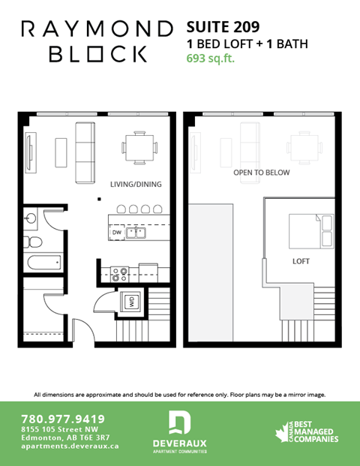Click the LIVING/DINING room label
click(136, 184)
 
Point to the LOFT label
click(301, 262)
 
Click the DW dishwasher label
click(116, 233)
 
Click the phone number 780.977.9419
click(64, 419)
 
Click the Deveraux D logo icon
click(179, 423)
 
